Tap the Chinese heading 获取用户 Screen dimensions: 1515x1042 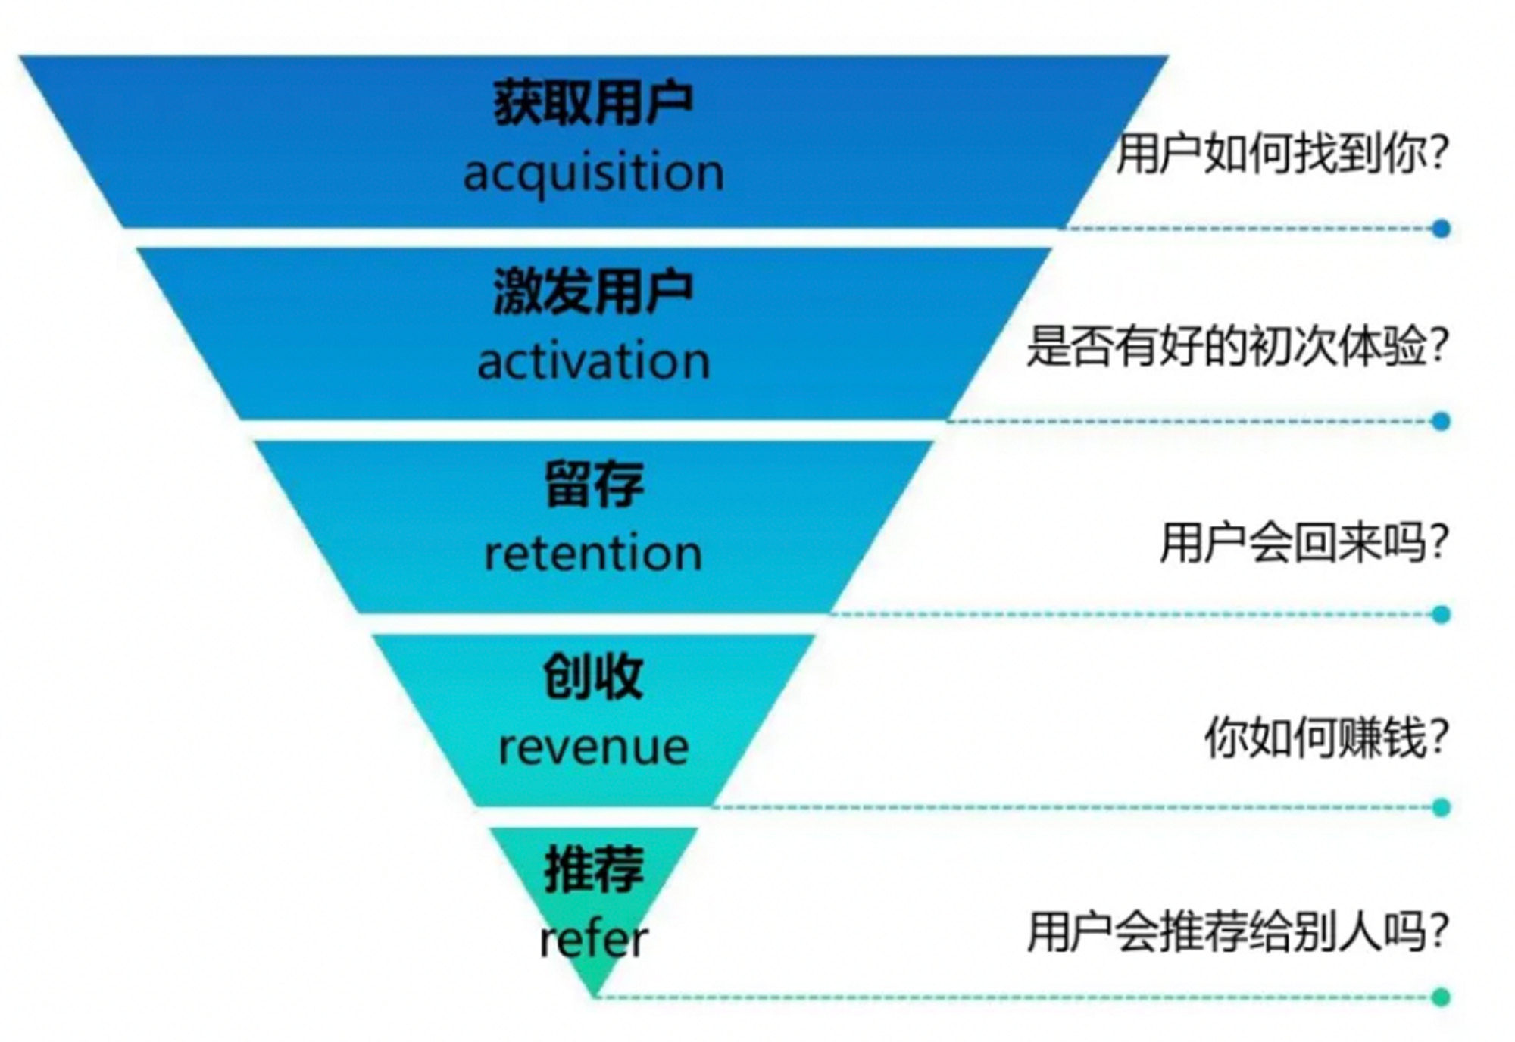pyautogui.click(x=593, y=102)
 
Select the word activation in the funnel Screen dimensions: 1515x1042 pyautogui.click(x=593, y=361)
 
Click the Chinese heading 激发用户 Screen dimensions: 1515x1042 pyautogui.click(x=593, y=292)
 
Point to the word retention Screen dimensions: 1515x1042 pyautogui.click(x=593, y=554)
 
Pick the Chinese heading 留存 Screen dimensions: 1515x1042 pyautogui.click(x=594, y=484)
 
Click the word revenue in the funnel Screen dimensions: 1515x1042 pyautogui.click(x=593, y=748)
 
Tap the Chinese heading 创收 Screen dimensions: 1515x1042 pyautogui.click(x=593, y=676)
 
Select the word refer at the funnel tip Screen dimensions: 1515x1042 pyautogui.click(x=593, y=939)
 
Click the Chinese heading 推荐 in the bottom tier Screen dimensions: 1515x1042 pyautogui.click(x=594, y=869)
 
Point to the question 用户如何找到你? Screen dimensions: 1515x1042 pyautogui.click(x=1282, y=154)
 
